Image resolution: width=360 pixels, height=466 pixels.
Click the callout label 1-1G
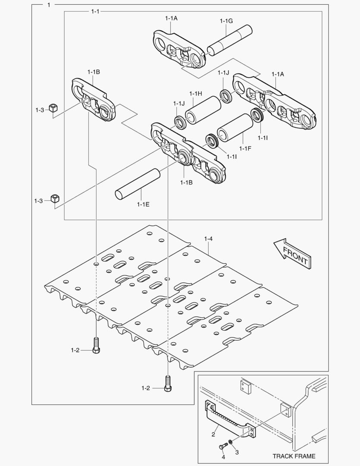[x=226, y=21]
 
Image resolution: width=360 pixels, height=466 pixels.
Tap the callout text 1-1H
[x=196, y=94]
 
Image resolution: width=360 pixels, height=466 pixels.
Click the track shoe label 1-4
[x=208, y=238]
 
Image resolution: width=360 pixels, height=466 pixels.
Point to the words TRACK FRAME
[x=294, y=456]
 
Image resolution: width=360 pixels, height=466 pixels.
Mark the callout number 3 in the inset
[x=236, y=452]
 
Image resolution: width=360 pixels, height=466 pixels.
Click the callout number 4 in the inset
[x=223, y=457]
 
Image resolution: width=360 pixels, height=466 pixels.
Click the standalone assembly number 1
[x=49, y=5]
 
